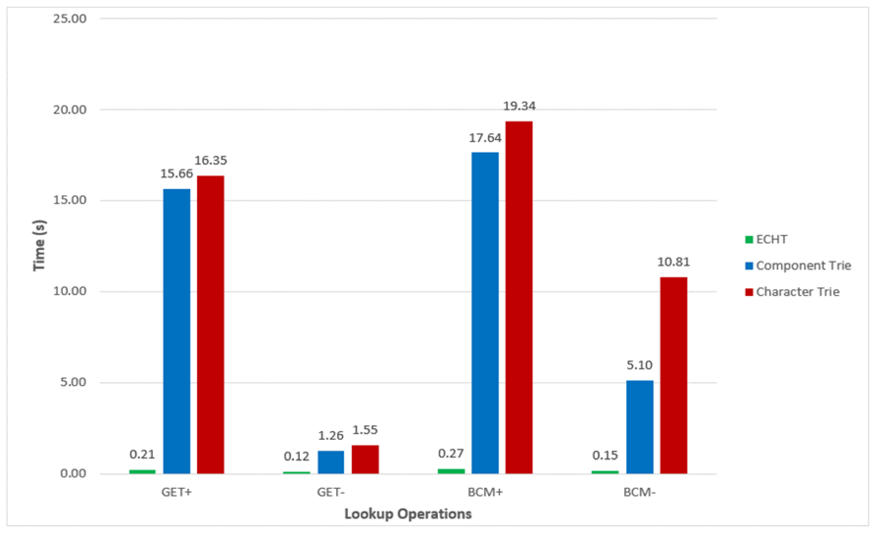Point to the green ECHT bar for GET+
click(142, 471)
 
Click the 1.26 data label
click(331, 435)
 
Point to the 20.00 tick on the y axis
click(70, 110)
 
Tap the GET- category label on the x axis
click(331, 493)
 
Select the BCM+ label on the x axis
click(485, 493)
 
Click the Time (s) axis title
click(39, 245)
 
